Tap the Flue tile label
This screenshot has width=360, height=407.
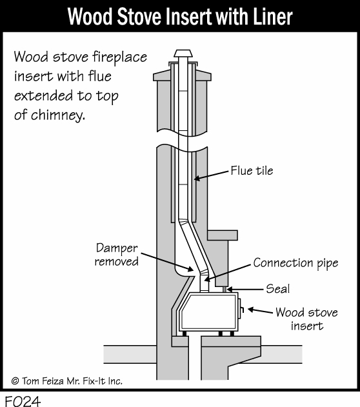(x=252, y=171)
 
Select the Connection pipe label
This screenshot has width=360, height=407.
(x=295, y=263)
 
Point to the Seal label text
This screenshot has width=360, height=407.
(x=277, y=288)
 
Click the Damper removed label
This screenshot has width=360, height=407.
(x=117, y=255)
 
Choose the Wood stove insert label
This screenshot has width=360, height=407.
(x=307, y=319)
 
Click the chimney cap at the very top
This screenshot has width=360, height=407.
(x=183, y=54)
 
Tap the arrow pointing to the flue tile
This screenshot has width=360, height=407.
(x=212, y=175)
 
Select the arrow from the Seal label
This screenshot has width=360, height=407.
(x=245, y=289)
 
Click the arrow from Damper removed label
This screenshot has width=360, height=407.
(x=167, y=262)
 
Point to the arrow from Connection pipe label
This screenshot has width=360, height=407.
(x=228, y=273)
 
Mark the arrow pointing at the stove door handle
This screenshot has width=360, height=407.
(x=260, y=310)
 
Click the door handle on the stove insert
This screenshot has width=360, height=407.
(x=241, y=309)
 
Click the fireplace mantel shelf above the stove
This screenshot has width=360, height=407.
(x=223, y=235)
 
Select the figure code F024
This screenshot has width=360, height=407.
(x=23, y=401)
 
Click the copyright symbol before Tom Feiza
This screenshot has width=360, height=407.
(x=15, y=381)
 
